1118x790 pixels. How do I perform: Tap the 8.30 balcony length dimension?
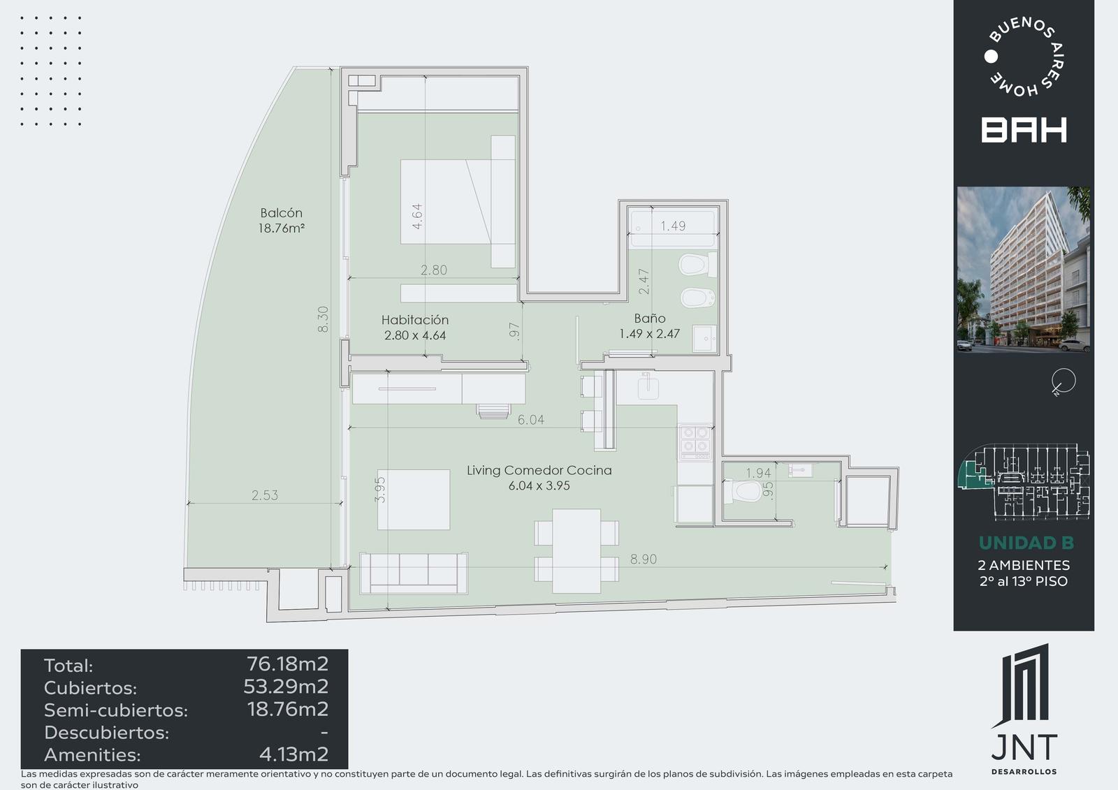pyautogui.click(x=324, y=319)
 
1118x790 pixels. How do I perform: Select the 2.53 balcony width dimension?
pyautogui.click(x=265, y=495)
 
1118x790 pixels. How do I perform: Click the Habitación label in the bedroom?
pyautogui.click(x=415, y=320)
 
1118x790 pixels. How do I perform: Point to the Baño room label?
pyautogui.click(x=649, y=318)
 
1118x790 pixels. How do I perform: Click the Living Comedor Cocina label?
pyautogui.click(x=539, y=470)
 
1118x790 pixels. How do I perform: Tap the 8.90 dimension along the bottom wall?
pyautogui.click(x=644, y=559)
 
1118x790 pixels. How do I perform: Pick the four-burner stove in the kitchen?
pyautogui.click(x=695, y=441)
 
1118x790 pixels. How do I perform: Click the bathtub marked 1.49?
pyautogui.click(x=674, y=229)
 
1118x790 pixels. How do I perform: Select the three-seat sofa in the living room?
pyautogui.click(x=414, y=573)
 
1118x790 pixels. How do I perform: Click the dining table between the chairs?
pyautogui.click(x=576, y=551)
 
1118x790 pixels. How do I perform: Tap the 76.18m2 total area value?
pyautogui.click(x=287, y=664)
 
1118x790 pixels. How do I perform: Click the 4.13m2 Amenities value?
pyautogui.click(x=294, y=754)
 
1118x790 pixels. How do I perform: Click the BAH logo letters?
pyautogui.click(x=1024, y=130)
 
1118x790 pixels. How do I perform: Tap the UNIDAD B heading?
pyautogui.click(x=1026, y=543)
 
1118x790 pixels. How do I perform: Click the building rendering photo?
pyautogui.click(x=1024, y=270)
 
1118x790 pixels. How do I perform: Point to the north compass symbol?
pyautogui.click(x=1063, y=382)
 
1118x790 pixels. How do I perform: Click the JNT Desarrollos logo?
pyautogui.click(x=1024, y=709)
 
